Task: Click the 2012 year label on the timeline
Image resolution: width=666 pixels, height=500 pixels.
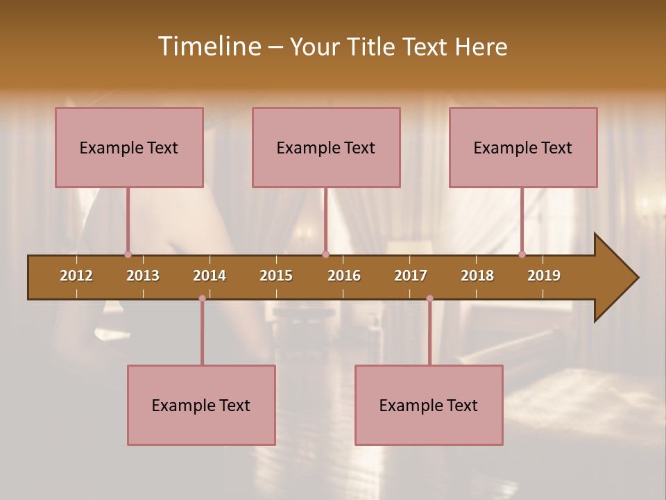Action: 76,276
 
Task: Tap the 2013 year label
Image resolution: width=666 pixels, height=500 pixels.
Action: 143,276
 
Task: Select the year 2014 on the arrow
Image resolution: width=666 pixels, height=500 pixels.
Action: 210,276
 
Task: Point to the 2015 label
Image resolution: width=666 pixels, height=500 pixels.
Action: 276,276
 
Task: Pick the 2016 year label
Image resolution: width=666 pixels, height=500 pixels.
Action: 344,276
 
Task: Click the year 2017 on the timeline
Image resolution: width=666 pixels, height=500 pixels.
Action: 411,276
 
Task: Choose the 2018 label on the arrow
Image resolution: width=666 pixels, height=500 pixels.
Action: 477,276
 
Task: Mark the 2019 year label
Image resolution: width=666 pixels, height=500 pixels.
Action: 544,276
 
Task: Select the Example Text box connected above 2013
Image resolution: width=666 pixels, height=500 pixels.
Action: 129,147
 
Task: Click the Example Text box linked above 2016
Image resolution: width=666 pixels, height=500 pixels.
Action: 326,147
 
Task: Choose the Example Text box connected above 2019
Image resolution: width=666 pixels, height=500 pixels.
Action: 523,147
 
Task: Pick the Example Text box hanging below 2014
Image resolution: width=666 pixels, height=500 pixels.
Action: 201,405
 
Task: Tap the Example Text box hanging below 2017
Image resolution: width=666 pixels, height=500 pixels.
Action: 429,405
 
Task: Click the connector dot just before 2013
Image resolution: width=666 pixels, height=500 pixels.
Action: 128,255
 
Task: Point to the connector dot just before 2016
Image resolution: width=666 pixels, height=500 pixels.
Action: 325,255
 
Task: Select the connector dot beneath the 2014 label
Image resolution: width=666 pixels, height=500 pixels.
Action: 202,299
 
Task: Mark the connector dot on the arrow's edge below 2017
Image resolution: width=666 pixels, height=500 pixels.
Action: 429,299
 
